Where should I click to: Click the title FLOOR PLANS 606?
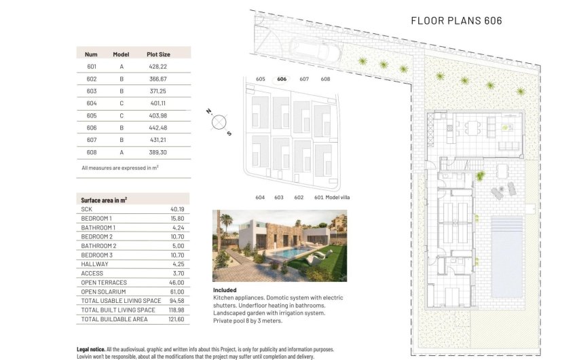[456, 20]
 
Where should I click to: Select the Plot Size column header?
[158, 54]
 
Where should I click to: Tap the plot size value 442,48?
[158, 128]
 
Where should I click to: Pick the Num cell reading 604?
[92, 103]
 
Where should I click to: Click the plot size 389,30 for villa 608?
[158, 152]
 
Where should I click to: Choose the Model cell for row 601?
[122, 67]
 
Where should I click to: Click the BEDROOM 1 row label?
[98, 219]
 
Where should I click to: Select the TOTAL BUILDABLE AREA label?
[114, 319]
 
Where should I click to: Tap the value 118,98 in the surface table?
[176, 310]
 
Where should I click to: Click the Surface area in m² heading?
[104, 200]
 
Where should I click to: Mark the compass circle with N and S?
[219, 122]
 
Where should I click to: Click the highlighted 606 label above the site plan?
[282, 79]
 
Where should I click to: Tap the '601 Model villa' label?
[330, 198]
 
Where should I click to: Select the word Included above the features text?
[225, 290]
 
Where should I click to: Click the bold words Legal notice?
[91, 348]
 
